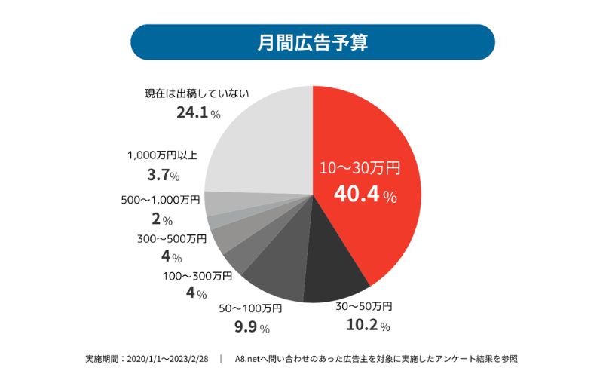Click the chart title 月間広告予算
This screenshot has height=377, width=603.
(312, 42)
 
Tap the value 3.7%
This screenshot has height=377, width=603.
(163, 176)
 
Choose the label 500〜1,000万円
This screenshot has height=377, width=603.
(161, 201)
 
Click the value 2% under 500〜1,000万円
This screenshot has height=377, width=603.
(162, 220)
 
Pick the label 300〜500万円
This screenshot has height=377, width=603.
(171, 239)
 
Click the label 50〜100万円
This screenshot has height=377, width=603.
(250, 308)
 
